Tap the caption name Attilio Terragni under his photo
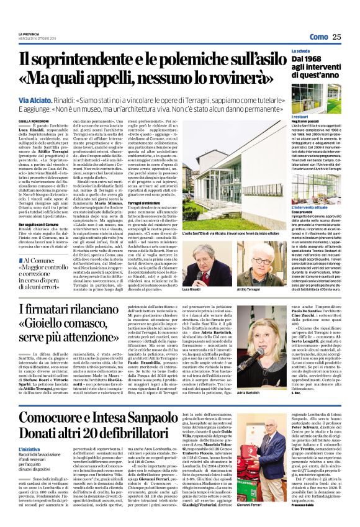(248, 290)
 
